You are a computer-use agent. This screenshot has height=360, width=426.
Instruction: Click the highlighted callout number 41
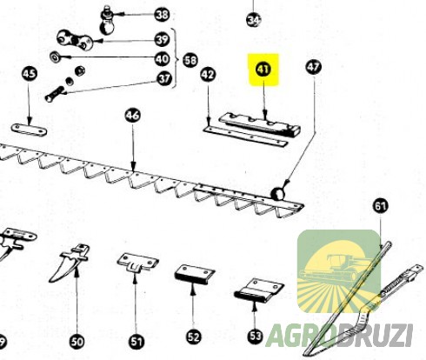263,70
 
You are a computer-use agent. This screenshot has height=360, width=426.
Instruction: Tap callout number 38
162,15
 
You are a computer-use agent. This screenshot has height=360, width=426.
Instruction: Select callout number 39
162,39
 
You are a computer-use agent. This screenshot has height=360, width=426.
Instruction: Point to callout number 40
162,59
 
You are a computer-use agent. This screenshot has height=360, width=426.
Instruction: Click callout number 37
164,78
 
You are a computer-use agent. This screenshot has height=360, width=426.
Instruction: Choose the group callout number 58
190,61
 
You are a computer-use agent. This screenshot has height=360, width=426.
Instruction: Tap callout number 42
208,75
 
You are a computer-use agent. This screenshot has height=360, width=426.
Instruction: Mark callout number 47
313,67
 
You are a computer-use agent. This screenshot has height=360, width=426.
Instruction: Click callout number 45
30,73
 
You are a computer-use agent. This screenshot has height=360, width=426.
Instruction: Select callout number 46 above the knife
133,116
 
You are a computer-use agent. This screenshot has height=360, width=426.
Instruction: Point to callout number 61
380,206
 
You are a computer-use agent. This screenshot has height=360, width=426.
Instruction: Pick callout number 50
77,342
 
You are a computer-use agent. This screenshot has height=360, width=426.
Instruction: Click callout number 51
136,342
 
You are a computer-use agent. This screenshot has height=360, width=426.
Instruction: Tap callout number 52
194,337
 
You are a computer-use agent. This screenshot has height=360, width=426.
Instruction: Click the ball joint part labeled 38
107,21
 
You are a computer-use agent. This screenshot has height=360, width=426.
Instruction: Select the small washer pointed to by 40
54,57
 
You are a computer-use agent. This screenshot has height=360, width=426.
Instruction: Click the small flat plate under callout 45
29,130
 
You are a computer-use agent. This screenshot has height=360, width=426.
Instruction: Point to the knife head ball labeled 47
278,194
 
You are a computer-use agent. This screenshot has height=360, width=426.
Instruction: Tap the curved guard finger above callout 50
70,263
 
